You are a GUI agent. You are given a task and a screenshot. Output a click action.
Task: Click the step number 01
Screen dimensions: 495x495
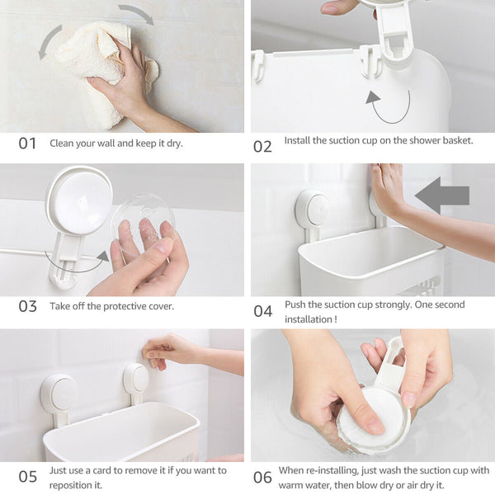click(27, 144)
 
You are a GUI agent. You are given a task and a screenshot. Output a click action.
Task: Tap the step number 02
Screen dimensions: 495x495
click(262, 147)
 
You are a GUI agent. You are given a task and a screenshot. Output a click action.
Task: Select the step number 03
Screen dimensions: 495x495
click(27, 306)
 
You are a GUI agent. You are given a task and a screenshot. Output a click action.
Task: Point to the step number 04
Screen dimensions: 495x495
click(262, 311)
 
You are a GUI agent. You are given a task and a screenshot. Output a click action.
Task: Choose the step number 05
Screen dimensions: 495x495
click(27, 477)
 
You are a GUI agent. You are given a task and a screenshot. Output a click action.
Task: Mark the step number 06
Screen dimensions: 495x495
click(262, 478)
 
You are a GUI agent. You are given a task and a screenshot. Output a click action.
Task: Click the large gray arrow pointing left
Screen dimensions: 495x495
click(442, 196)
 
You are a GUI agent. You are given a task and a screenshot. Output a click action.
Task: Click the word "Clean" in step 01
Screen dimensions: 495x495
click(60, 144)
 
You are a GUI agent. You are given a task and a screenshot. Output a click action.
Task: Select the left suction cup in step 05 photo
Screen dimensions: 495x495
click(59, 393)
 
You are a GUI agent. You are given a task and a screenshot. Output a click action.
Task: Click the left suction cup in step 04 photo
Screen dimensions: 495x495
click(313, 209)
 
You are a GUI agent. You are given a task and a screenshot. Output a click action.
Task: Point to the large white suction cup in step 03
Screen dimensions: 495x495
click(79, 200)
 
